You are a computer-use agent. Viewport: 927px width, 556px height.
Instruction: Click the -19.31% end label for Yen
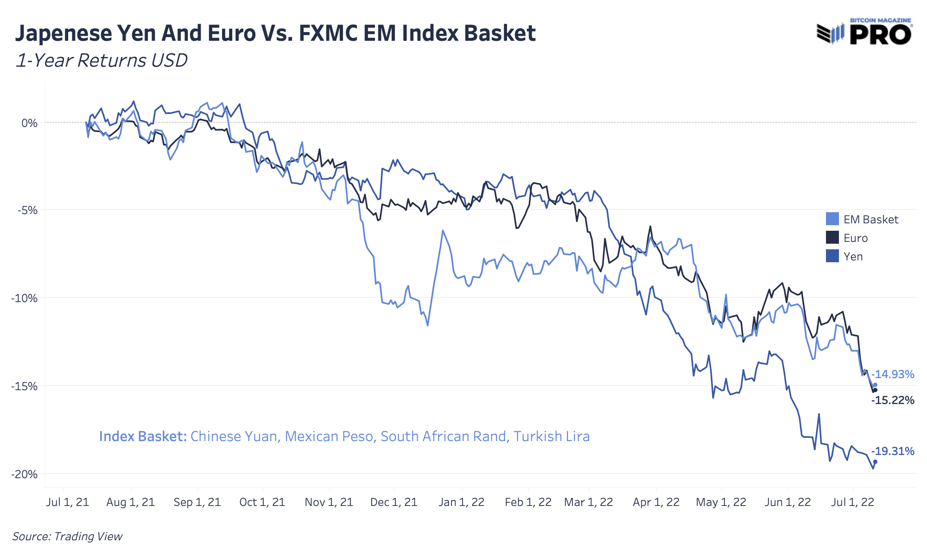pyautogui.click(x=893, y=451)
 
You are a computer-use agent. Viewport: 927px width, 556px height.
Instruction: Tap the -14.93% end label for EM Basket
pyautogui.click(x=893, y=374)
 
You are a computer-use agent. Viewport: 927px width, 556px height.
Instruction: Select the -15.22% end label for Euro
pyautogui.click(x=893, y=400)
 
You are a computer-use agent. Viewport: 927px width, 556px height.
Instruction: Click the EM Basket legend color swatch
pyautogui.click(x=832, y=219)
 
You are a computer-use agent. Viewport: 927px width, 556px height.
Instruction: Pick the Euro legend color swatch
pyautogui.click(x=832, y=238)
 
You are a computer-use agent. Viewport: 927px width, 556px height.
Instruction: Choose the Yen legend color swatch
pyautogui.click(x=832, y=256)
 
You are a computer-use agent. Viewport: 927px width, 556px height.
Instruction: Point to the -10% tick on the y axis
pyautogui.click(x=24, y=298)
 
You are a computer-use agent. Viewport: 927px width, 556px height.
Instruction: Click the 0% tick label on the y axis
pyautogui.click(x=29, y=123)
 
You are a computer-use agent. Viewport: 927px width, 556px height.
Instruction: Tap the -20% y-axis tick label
pyautogui.click(x=24, y=474)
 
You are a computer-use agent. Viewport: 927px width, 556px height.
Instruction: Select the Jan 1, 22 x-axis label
pyautogui.click(x=462, y=502)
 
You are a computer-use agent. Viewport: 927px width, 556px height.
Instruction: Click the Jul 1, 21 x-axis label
pyautogui.click(x=68, y=502)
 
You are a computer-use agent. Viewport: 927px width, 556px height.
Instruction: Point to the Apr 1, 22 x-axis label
pyautogui.click(x=656, y=502)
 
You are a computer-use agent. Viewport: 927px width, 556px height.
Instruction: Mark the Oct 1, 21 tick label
pyautogui.click(x=262, y=502)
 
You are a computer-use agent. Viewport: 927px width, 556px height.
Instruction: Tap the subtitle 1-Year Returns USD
pyautogui.click(x=102, y=61)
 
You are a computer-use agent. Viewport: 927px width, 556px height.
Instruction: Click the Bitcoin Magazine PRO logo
pyautogui.click(x=865, y=32)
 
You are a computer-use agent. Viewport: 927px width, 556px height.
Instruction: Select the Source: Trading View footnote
pyautogui.click(x=68, y=537)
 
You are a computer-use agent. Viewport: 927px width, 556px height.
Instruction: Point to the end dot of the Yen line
pyautogui.click(x=875, y=462)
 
